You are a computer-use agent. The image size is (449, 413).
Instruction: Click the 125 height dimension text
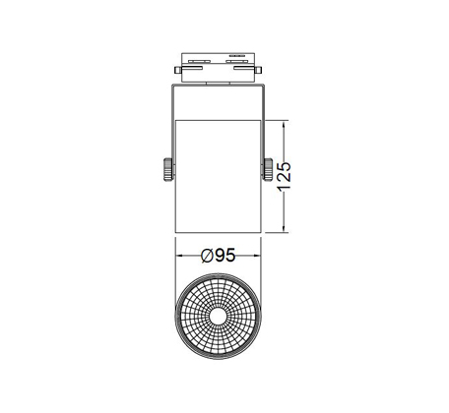[285, 176]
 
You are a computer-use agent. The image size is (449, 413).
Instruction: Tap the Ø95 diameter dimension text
[219, 256]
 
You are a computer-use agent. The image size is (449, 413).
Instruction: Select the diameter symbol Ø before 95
[208, 256]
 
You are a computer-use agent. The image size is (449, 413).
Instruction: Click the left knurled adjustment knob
[167, 169]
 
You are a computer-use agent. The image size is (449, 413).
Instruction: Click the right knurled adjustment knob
[269, 169]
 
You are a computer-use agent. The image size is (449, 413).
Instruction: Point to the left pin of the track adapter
[178, 70]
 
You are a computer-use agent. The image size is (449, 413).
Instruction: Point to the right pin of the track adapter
[258, 70]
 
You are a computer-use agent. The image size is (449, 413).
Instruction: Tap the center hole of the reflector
[218, 317]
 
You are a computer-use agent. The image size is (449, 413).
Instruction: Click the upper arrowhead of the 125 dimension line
[284, 125]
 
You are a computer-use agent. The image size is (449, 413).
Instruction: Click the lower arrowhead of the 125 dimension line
[284, 228]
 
